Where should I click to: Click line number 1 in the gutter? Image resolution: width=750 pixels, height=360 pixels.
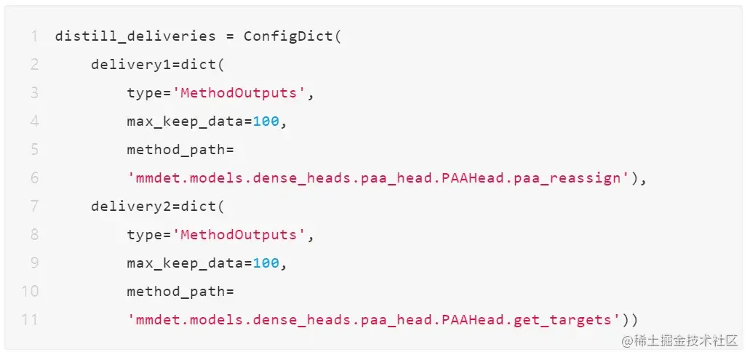(x=33, y=36)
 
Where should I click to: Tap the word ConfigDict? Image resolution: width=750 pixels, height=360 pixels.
(x=288, y=36)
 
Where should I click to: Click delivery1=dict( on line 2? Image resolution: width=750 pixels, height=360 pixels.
(x=158, y=65)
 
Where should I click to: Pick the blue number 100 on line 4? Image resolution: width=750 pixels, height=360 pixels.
(x=266, y=121)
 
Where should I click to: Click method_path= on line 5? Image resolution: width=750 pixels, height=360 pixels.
(x=180, y=150)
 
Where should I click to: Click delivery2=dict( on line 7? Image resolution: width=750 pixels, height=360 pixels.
(x=158, y=207)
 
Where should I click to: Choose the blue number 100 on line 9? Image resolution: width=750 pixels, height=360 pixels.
(x=266, y=263)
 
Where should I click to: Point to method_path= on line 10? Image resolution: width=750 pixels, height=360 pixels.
(x=180, y=292)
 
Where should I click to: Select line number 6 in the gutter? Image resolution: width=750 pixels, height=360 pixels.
(x=34, y=178)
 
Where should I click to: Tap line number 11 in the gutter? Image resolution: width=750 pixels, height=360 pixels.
(x=30, y=320)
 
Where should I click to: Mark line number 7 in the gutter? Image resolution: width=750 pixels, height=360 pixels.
(x=34, y=207)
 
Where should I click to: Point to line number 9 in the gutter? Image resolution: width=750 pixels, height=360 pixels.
(x=34, y=263)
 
